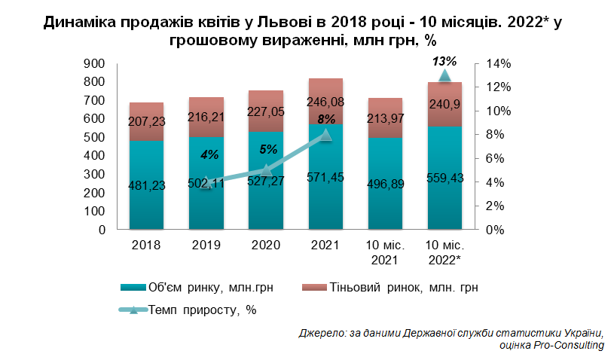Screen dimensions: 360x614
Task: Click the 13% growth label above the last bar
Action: pyautogui.click(x=444, y=60)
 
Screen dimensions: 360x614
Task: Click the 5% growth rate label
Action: pyautogui.click(x=268, y=150)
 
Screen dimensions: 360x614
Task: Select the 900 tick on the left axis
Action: pyautogui.click(x=94, y=63)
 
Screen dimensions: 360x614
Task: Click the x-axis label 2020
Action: pyautogui.click(x=265, y=246)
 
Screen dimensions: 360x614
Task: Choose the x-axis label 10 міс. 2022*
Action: pyautogui.click(x=444, y=252)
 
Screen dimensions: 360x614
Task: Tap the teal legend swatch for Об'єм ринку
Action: pyautogui.click(x=132, y=288)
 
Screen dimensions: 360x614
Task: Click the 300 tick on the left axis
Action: pyautogui.click(x=94, y=175)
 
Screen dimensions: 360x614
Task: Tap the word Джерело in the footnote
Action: pyautogui.click(x=321, y=332)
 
